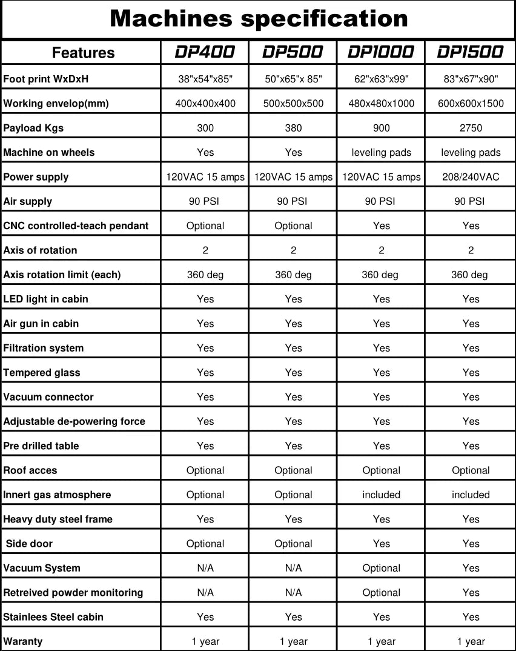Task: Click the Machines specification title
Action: pyautogui.click(x=259, y=19)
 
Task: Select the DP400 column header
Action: pyautogui.click(x=205, y=53)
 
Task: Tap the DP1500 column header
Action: pyautogui.click(x=470, y=53)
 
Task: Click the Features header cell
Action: pyautogui.click(x=83, y=53)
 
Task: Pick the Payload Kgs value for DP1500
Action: pyautogui.click(x=471, y=128)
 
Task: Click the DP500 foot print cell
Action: pyautogui.click(x=293, y=79)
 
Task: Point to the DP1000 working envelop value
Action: pyautogui.click(x=381, y=104)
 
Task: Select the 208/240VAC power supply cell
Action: pyautogui.click(x=471, y=177)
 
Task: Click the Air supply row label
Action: pyautogui.click(x=28, y=201)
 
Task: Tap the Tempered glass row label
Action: pyautogui.click(x=42, y=373)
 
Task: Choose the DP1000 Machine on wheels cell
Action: pyautogui.click(x=381, y=153)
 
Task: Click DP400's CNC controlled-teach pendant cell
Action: pyautogui.click(x=205, y=226)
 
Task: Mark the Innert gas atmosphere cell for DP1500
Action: pyautogui.click(x=471, y=495)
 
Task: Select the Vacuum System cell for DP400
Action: pyautogui.click(x=205, y=568)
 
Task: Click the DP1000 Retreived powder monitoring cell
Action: pyautogui.click(x=381, y=593)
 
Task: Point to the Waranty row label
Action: pyautogui.click(x=23, y=641)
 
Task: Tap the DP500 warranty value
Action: pyautogui.click(x=293, y=641)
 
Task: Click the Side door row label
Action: pyautogui.click(x=29, y=544)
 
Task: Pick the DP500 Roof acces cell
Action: pyautogui.click(x=293, y=470)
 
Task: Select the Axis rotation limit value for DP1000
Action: pyautogui.click(x=380, y=275)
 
